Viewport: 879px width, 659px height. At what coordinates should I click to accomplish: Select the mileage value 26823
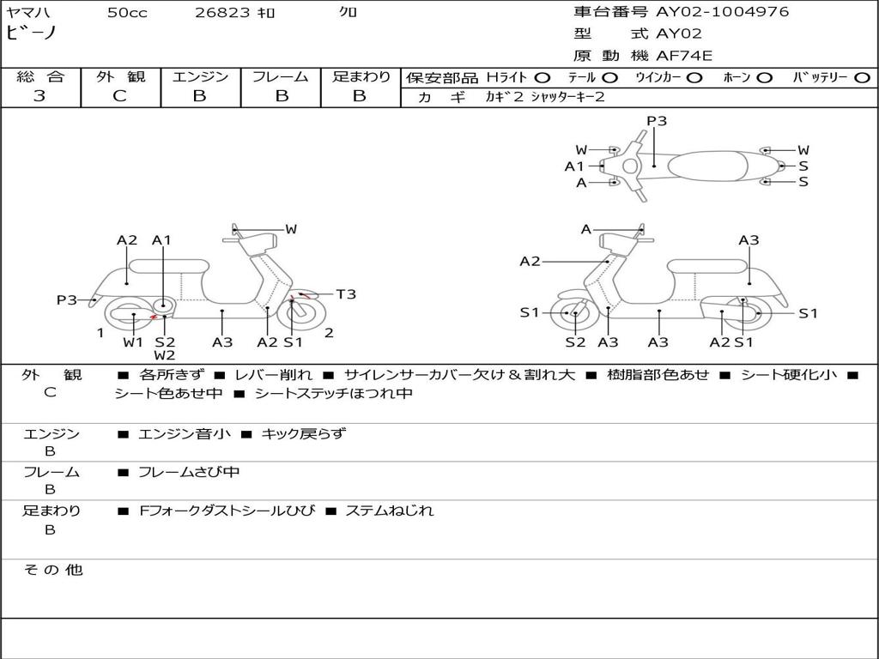click(222, 13)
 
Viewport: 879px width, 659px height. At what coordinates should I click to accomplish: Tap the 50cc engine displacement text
click(127, 13)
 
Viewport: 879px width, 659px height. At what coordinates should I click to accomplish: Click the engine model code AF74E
click(684, 56)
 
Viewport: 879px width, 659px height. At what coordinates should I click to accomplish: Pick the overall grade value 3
click(39, 96)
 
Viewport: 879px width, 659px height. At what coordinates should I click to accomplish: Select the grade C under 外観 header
click(119, 96)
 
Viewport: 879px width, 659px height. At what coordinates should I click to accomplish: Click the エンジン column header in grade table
click(200, 76)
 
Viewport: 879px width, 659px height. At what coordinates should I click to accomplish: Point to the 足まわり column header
click(361, 76)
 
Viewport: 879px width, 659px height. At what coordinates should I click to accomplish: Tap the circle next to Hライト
click(543, 77)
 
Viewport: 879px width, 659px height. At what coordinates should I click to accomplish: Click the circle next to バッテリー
click(862, 77)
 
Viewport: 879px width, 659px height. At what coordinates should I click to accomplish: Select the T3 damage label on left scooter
click(346, 294)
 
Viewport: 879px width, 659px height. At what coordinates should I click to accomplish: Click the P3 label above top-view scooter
click(657, 121)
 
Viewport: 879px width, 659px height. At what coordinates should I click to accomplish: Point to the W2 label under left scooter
click(165, 355)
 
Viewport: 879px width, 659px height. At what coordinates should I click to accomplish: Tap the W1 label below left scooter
click(132, 342)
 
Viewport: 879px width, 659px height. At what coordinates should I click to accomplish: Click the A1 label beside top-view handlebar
click(574, 166)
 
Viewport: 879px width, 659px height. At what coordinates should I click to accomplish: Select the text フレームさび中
click(189, 472)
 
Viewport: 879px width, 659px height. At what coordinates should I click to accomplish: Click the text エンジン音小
click(185, 434)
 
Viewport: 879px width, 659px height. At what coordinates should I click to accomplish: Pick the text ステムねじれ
click(389, 511)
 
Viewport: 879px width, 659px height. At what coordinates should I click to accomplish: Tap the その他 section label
click(52, 570)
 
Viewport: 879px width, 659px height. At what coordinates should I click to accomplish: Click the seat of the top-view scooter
click(718, 165)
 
